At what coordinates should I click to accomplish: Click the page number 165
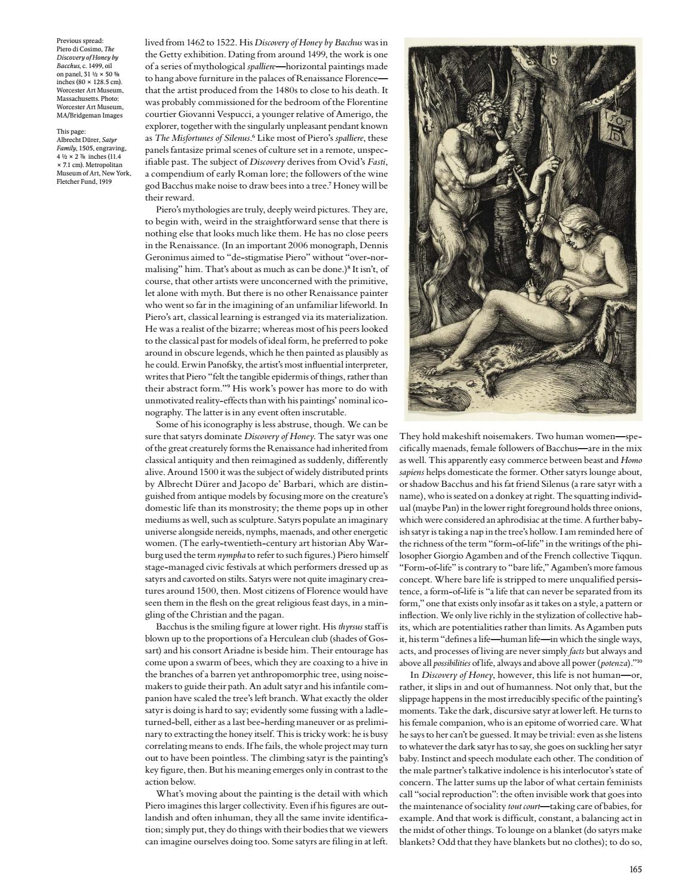pos(635,869)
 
